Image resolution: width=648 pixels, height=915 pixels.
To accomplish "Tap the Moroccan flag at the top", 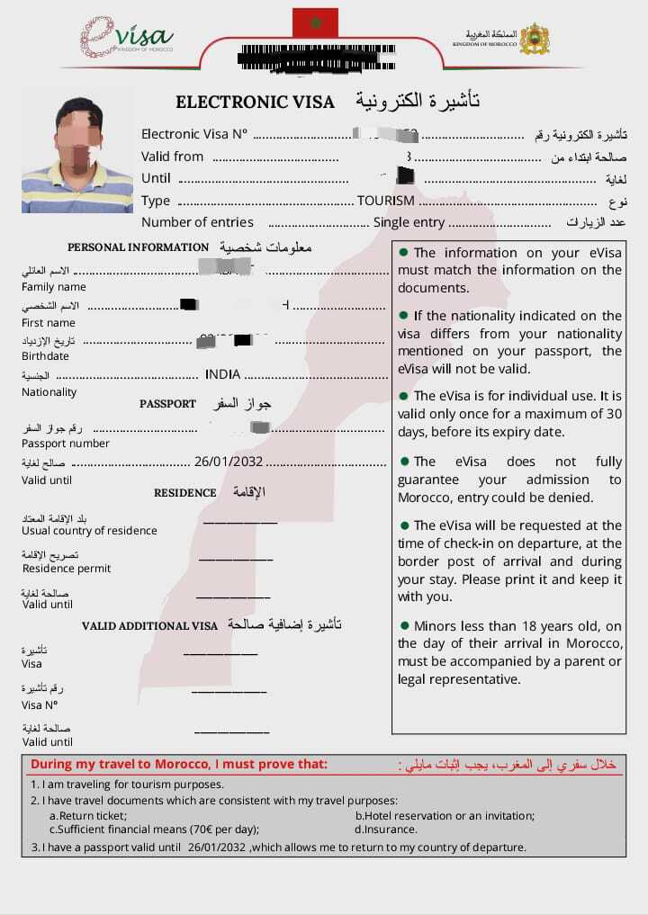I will (315, 22).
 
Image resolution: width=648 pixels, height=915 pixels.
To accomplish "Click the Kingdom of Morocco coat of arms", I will (535, 38).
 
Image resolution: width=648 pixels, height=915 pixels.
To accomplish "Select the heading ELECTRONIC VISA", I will (255, 102).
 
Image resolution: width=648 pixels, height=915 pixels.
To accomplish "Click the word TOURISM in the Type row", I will (386, 201).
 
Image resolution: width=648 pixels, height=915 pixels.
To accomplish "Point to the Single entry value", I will (409, 222).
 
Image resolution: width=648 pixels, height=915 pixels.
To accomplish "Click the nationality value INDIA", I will (222, 374).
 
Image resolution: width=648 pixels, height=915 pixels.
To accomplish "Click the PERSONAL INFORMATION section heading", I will (139, 247).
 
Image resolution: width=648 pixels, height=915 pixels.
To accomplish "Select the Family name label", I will (54, 287).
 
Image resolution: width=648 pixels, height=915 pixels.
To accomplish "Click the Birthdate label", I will (45, 356).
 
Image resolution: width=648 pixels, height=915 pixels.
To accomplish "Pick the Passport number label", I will (66, 444).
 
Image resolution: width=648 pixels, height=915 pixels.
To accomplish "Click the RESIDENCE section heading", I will (185, 493).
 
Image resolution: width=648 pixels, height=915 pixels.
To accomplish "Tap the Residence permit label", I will (67, 569).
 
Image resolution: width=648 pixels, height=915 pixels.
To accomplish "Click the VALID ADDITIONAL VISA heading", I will (150, 625).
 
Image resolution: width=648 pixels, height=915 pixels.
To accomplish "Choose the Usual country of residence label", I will (89, 531).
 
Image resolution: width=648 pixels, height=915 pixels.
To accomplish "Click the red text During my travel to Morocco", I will (179, 765).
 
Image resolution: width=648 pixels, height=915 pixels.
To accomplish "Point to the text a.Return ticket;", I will (87, 816).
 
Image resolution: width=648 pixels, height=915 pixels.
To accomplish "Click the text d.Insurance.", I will (386, 830).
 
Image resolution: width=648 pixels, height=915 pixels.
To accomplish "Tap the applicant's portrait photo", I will (77, 149).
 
